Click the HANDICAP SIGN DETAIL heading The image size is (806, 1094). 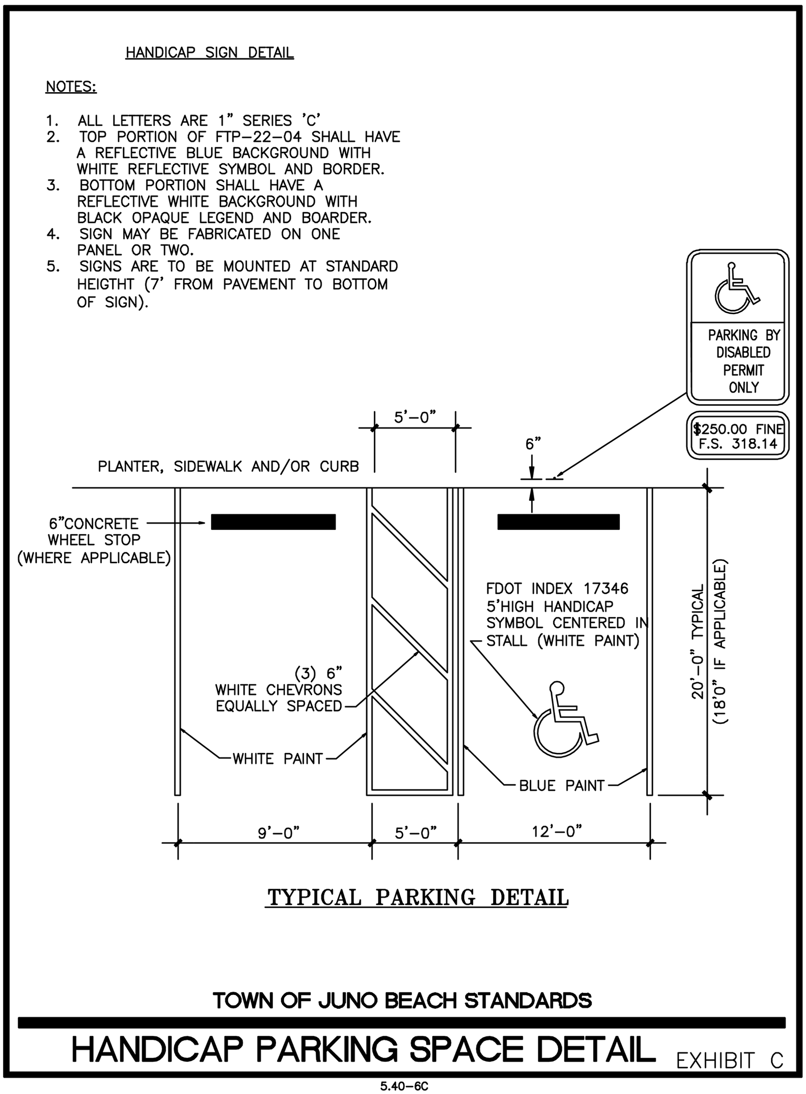coord(210,53)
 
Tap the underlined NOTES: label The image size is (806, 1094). coord(71,87)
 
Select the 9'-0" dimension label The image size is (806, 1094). coord(278,832)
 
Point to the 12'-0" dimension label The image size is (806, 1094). coord(557,831)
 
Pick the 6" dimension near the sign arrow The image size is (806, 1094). coord(533,444)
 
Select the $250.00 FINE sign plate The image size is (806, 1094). coord(738,436)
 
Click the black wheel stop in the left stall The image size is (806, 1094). coord(273,522)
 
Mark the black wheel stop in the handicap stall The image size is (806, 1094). coord(558,522)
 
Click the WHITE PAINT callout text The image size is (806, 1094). coord(277,759)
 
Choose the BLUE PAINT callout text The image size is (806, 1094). coord(562,786)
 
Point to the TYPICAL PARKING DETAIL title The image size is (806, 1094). coord(418,897)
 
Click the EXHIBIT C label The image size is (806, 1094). coord(730,1060)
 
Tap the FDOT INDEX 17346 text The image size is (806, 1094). coord(557,589)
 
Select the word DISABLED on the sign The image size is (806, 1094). coord(743,352)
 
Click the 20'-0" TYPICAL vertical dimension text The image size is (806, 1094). coord(698,642)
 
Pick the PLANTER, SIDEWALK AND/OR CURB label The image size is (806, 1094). coord(228,466)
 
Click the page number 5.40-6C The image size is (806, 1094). coord(404,1086)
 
